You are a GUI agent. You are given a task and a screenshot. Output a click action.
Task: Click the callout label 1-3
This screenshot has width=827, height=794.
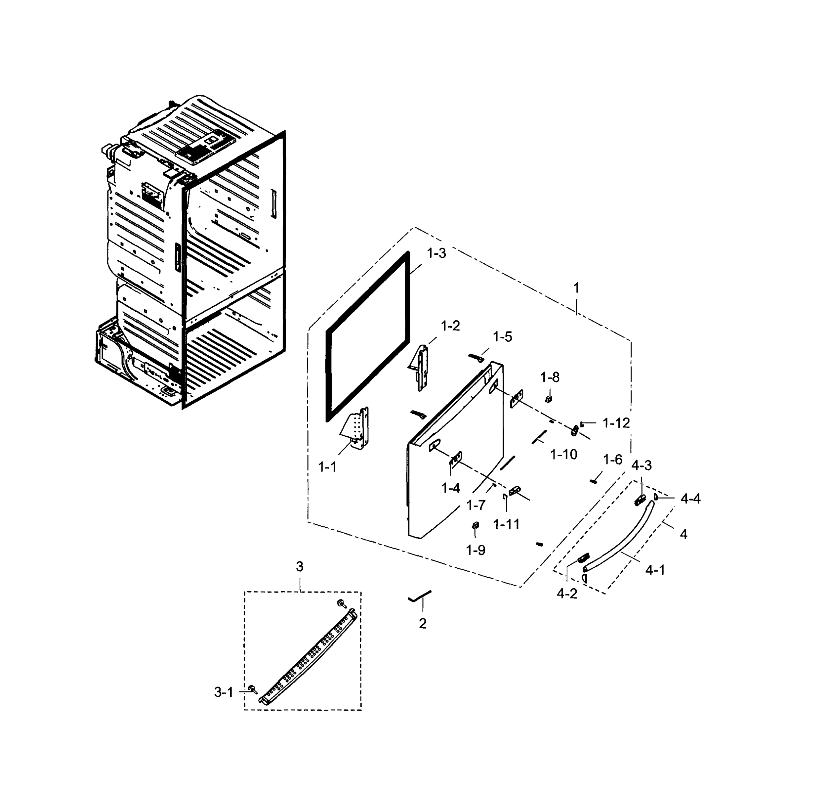point(436,253)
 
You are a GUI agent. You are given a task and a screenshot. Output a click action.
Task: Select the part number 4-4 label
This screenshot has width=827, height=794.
point(690,499)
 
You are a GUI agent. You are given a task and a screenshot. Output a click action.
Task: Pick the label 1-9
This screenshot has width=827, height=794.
point(476,550)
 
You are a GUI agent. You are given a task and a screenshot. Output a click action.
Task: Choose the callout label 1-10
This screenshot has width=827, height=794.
point(563,454)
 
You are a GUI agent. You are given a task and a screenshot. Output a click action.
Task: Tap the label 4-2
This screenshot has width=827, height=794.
point(567,594)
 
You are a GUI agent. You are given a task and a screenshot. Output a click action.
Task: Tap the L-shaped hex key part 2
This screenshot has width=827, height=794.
point(419,596)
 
